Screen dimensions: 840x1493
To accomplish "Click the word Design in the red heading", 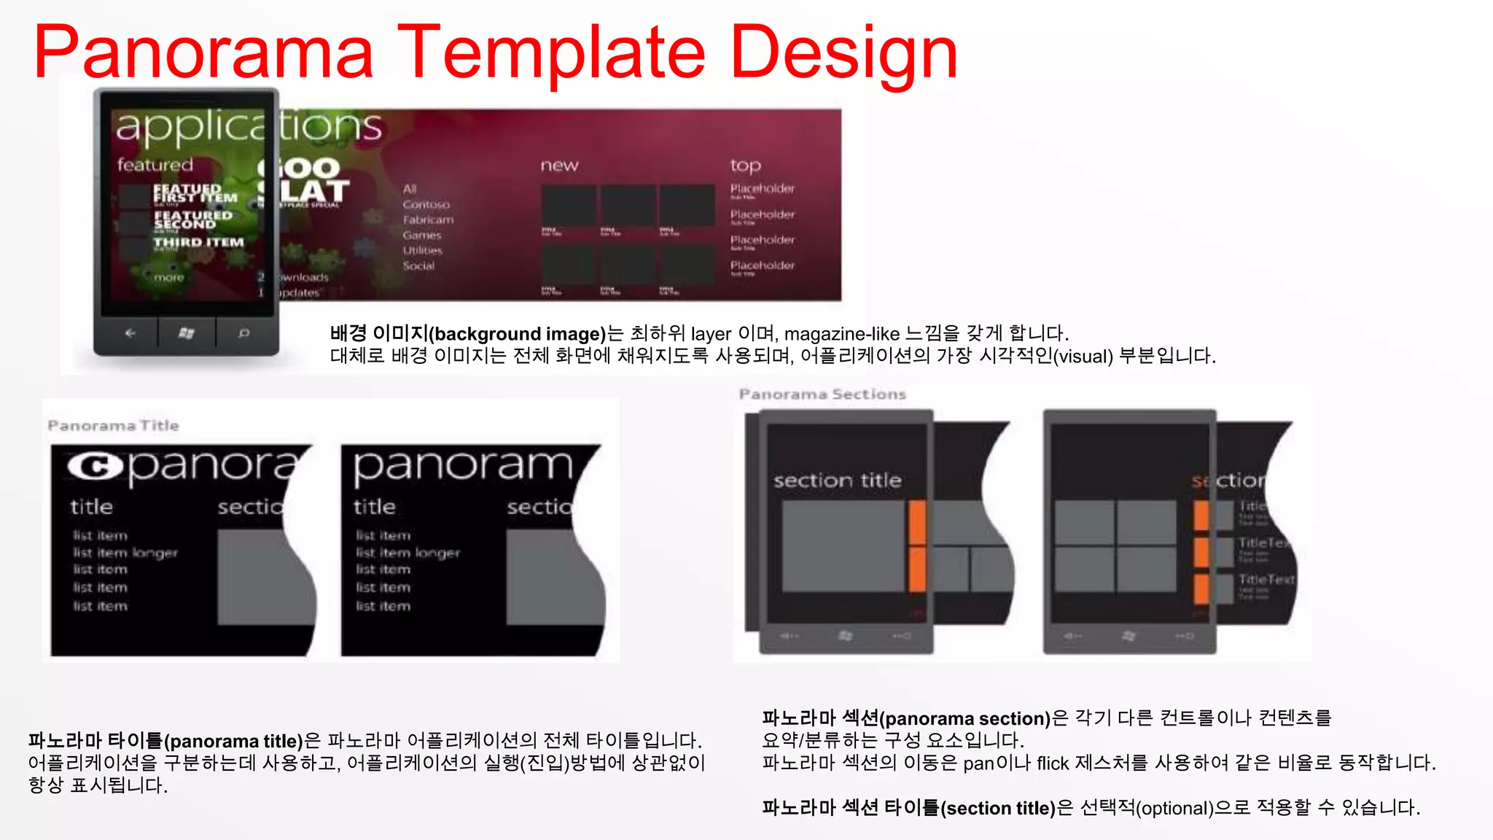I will point(843,52).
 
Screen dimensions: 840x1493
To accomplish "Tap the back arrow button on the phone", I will point(130,333).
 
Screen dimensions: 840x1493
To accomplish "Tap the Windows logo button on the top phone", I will point(187,333).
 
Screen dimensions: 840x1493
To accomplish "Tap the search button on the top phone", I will point(244,333).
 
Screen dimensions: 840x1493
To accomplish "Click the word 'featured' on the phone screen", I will point(155,165).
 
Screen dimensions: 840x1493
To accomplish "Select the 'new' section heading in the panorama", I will point(559,166).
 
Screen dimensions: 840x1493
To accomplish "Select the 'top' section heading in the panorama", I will point(745,166).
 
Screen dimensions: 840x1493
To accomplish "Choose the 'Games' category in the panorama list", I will point(422,236).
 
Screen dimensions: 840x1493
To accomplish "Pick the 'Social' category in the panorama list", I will point(418,266).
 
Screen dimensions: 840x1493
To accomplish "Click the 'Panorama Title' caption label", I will point(113,425).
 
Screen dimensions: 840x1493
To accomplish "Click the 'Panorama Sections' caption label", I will point(822,394).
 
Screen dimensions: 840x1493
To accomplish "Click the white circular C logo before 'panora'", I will point(95,466).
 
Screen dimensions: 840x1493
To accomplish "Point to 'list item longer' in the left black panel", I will point(125,553).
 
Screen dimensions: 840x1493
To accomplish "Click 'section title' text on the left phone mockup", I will point(837,481).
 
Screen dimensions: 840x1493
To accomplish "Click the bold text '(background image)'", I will point(518,334).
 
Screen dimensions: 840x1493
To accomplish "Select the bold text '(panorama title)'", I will point(233,742).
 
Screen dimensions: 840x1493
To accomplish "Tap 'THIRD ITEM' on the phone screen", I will point(198,242).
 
